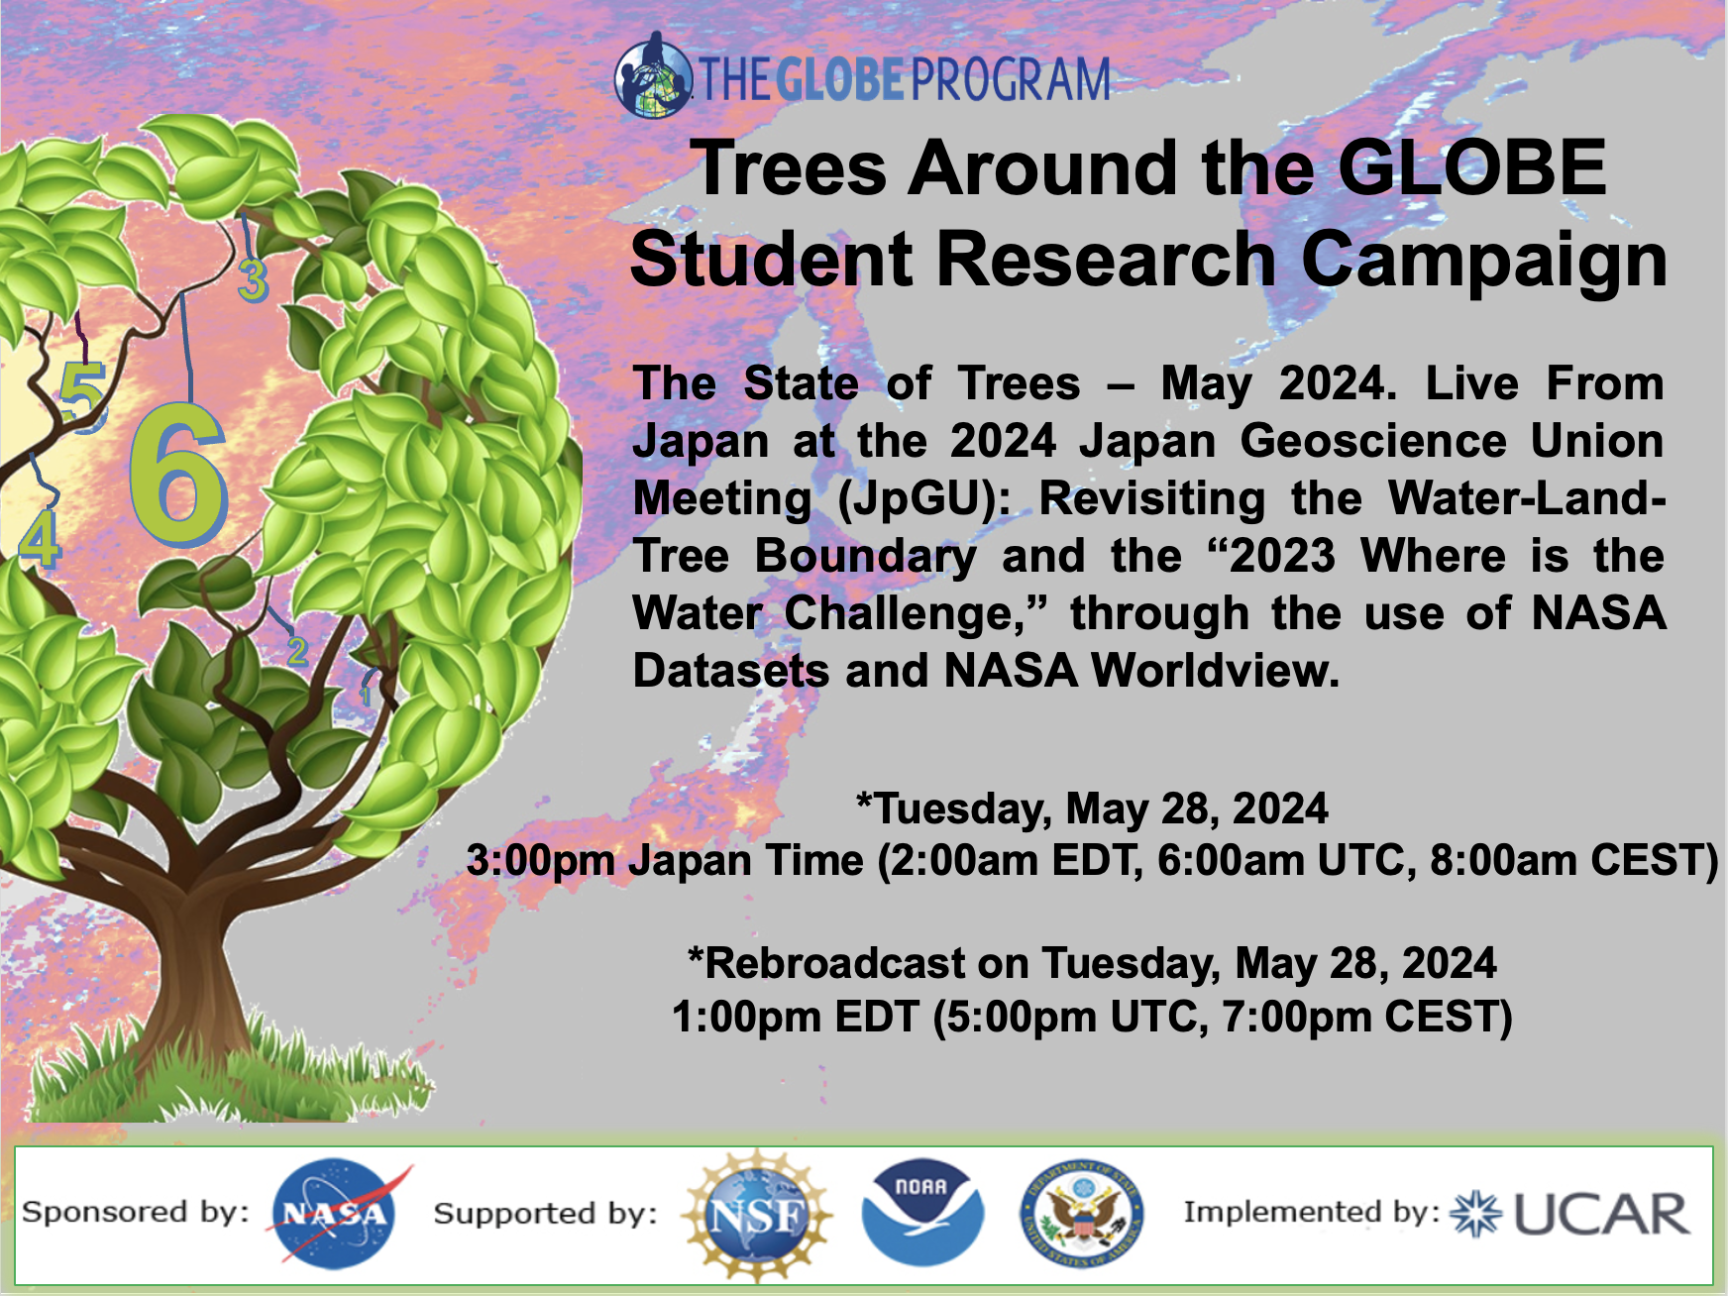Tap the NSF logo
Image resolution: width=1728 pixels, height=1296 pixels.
tap(757, 1215)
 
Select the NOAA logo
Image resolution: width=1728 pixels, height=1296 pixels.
tap(922, 1213)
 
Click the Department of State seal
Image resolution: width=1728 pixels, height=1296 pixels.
tap(1082, 1213)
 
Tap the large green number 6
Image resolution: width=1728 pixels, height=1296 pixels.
tap(178, 473)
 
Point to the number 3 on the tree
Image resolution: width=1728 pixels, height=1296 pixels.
tap(253, 278)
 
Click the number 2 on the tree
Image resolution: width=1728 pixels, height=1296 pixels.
tap(297, 650)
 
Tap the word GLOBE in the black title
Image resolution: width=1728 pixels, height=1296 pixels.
tap(1471, 167)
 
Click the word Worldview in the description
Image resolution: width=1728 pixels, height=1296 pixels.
tap(1215, 671)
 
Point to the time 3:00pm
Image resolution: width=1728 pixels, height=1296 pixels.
tap(541, 861)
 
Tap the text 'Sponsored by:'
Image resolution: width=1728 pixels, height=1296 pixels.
tap(136, 1212)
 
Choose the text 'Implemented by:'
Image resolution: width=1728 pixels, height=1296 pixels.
tap(1312, 1212)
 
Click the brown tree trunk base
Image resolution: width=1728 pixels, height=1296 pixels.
tap(183, 991)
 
